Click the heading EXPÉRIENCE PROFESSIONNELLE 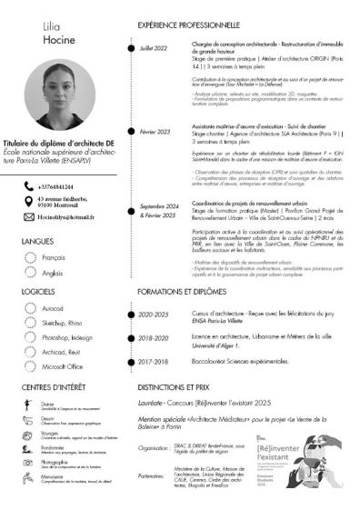point(188,25)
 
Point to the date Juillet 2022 point(154,47)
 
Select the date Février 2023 point(155,132)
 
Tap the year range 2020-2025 point(154,315)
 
